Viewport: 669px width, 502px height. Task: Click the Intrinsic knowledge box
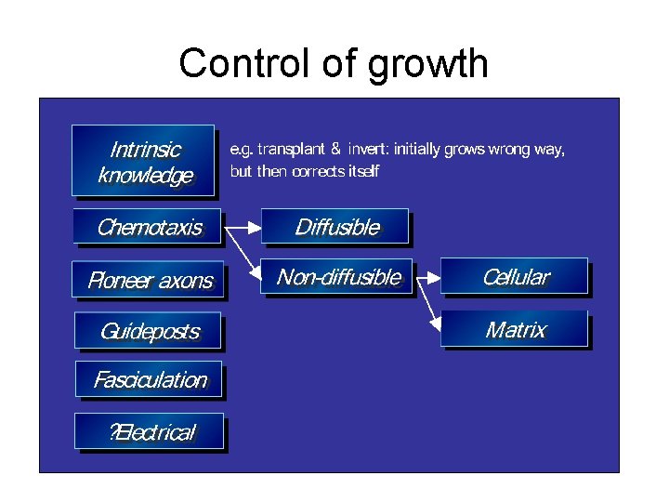[144, 161]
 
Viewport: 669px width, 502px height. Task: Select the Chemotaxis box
[149, 227]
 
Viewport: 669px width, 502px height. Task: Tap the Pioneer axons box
[149, 280]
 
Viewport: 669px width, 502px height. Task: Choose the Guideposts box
[149, 330]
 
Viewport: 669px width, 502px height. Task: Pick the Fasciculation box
[149, 379]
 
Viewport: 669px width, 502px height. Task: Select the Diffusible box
[336, 227]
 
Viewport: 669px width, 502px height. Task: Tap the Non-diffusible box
[337, 277]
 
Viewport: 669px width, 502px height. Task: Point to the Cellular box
[515, 277]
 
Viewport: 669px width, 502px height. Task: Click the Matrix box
[515, 329]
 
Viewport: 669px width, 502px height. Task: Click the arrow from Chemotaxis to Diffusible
[243, 226]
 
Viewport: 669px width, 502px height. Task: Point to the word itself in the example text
[358, 172]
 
